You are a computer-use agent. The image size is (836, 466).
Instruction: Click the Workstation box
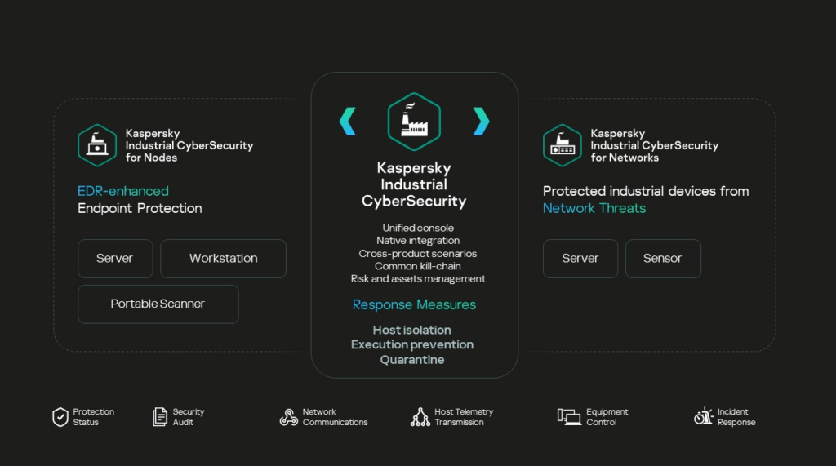[223, 259]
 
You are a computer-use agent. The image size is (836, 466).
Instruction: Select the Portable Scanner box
[158, 304]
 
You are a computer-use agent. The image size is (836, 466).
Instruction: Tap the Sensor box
[662, 259]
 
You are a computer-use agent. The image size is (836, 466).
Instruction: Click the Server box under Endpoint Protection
[114, 259]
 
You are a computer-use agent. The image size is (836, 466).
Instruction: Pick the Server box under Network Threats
[580, 259]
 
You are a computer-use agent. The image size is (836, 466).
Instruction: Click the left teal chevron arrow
[348, 122]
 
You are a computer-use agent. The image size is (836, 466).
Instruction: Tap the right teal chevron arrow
[481, 122]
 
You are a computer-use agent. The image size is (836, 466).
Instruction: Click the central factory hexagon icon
[414, 121]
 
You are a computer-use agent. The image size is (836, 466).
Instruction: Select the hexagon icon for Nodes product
[97, 145]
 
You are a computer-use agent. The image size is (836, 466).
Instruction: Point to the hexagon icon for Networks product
[563, 145]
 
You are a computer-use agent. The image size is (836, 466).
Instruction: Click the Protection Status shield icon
[60, 417]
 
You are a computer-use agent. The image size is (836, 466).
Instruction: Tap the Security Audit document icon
[160, 417]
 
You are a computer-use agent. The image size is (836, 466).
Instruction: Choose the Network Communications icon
[288, 417]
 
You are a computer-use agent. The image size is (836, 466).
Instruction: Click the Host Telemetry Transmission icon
[420, 417]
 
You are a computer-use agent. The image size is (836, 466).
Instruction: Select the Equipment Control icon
[568, 417]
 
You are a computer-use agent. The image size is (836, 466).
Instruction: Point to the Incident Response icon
[703, 417]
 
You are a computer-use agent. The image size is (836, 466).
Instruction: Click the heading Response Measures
[414, 304]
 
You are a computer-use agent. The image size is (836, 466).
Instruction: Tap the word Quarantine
[412, 360]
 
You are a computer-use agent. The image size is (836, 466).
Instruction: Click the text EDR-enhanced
[123, 191]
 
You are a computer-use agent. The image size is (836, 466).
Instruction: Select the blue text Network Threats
[594, 208]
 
